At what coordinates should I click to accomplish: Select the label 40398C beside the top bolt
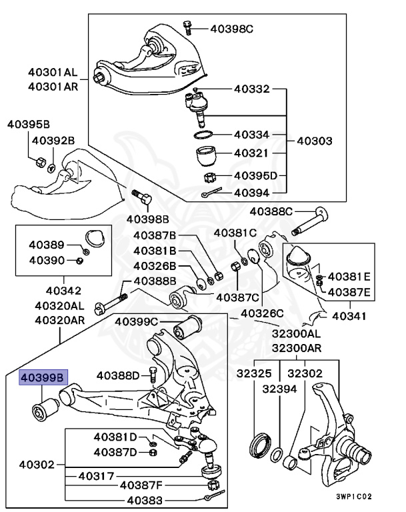click(x=232, y=28)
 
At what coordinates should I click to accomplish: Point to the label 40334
click(x=251, y=135)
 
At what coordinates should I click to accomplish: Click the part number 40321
click(x=251, y=153)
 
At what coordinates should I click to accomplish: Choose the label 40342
click(x=63, y=291)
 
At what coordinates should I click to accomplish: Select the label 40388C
click(x=271, y=213)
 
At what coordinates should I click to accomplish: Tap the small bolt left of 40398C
click(x=187, y=27)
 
